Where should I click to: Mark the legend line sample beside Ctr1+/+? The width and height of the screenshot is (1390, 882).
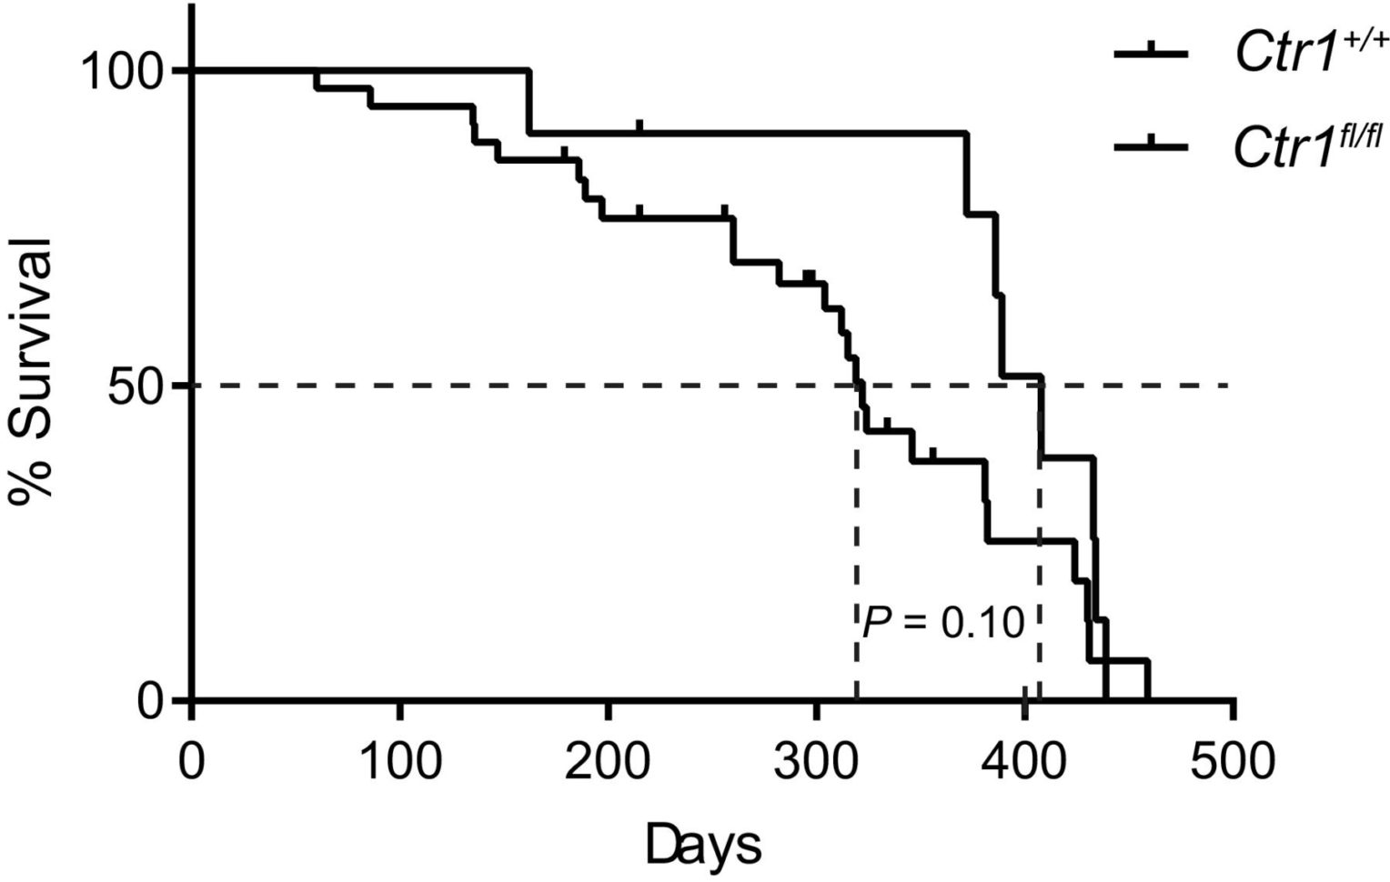(1152, 55)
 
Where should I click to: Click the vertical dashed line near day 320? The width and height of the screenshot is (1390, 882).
(856, 546)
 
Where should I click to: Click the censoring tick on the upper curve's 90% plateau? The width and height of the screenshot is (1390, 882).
(640, 126)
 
